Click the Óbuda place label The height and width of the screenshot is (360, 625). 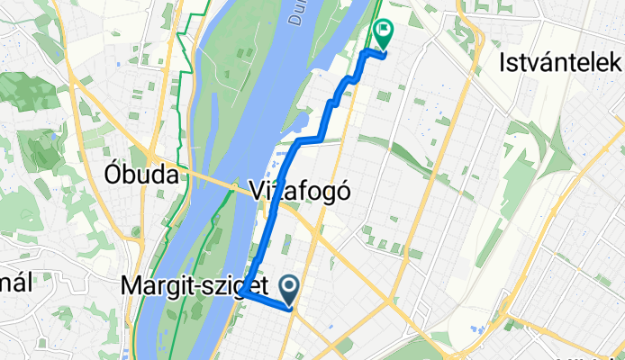tap(140, 174)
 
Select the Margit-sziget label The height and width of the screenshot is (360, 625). tap(194, 286)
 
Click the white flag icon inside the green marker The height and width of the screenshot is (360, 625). tap(385, 32)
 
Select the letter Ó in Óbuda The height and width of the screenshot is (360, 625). tap(113, 174)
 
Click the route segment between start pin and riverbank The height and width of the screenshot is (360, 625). tap(267, 301)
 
